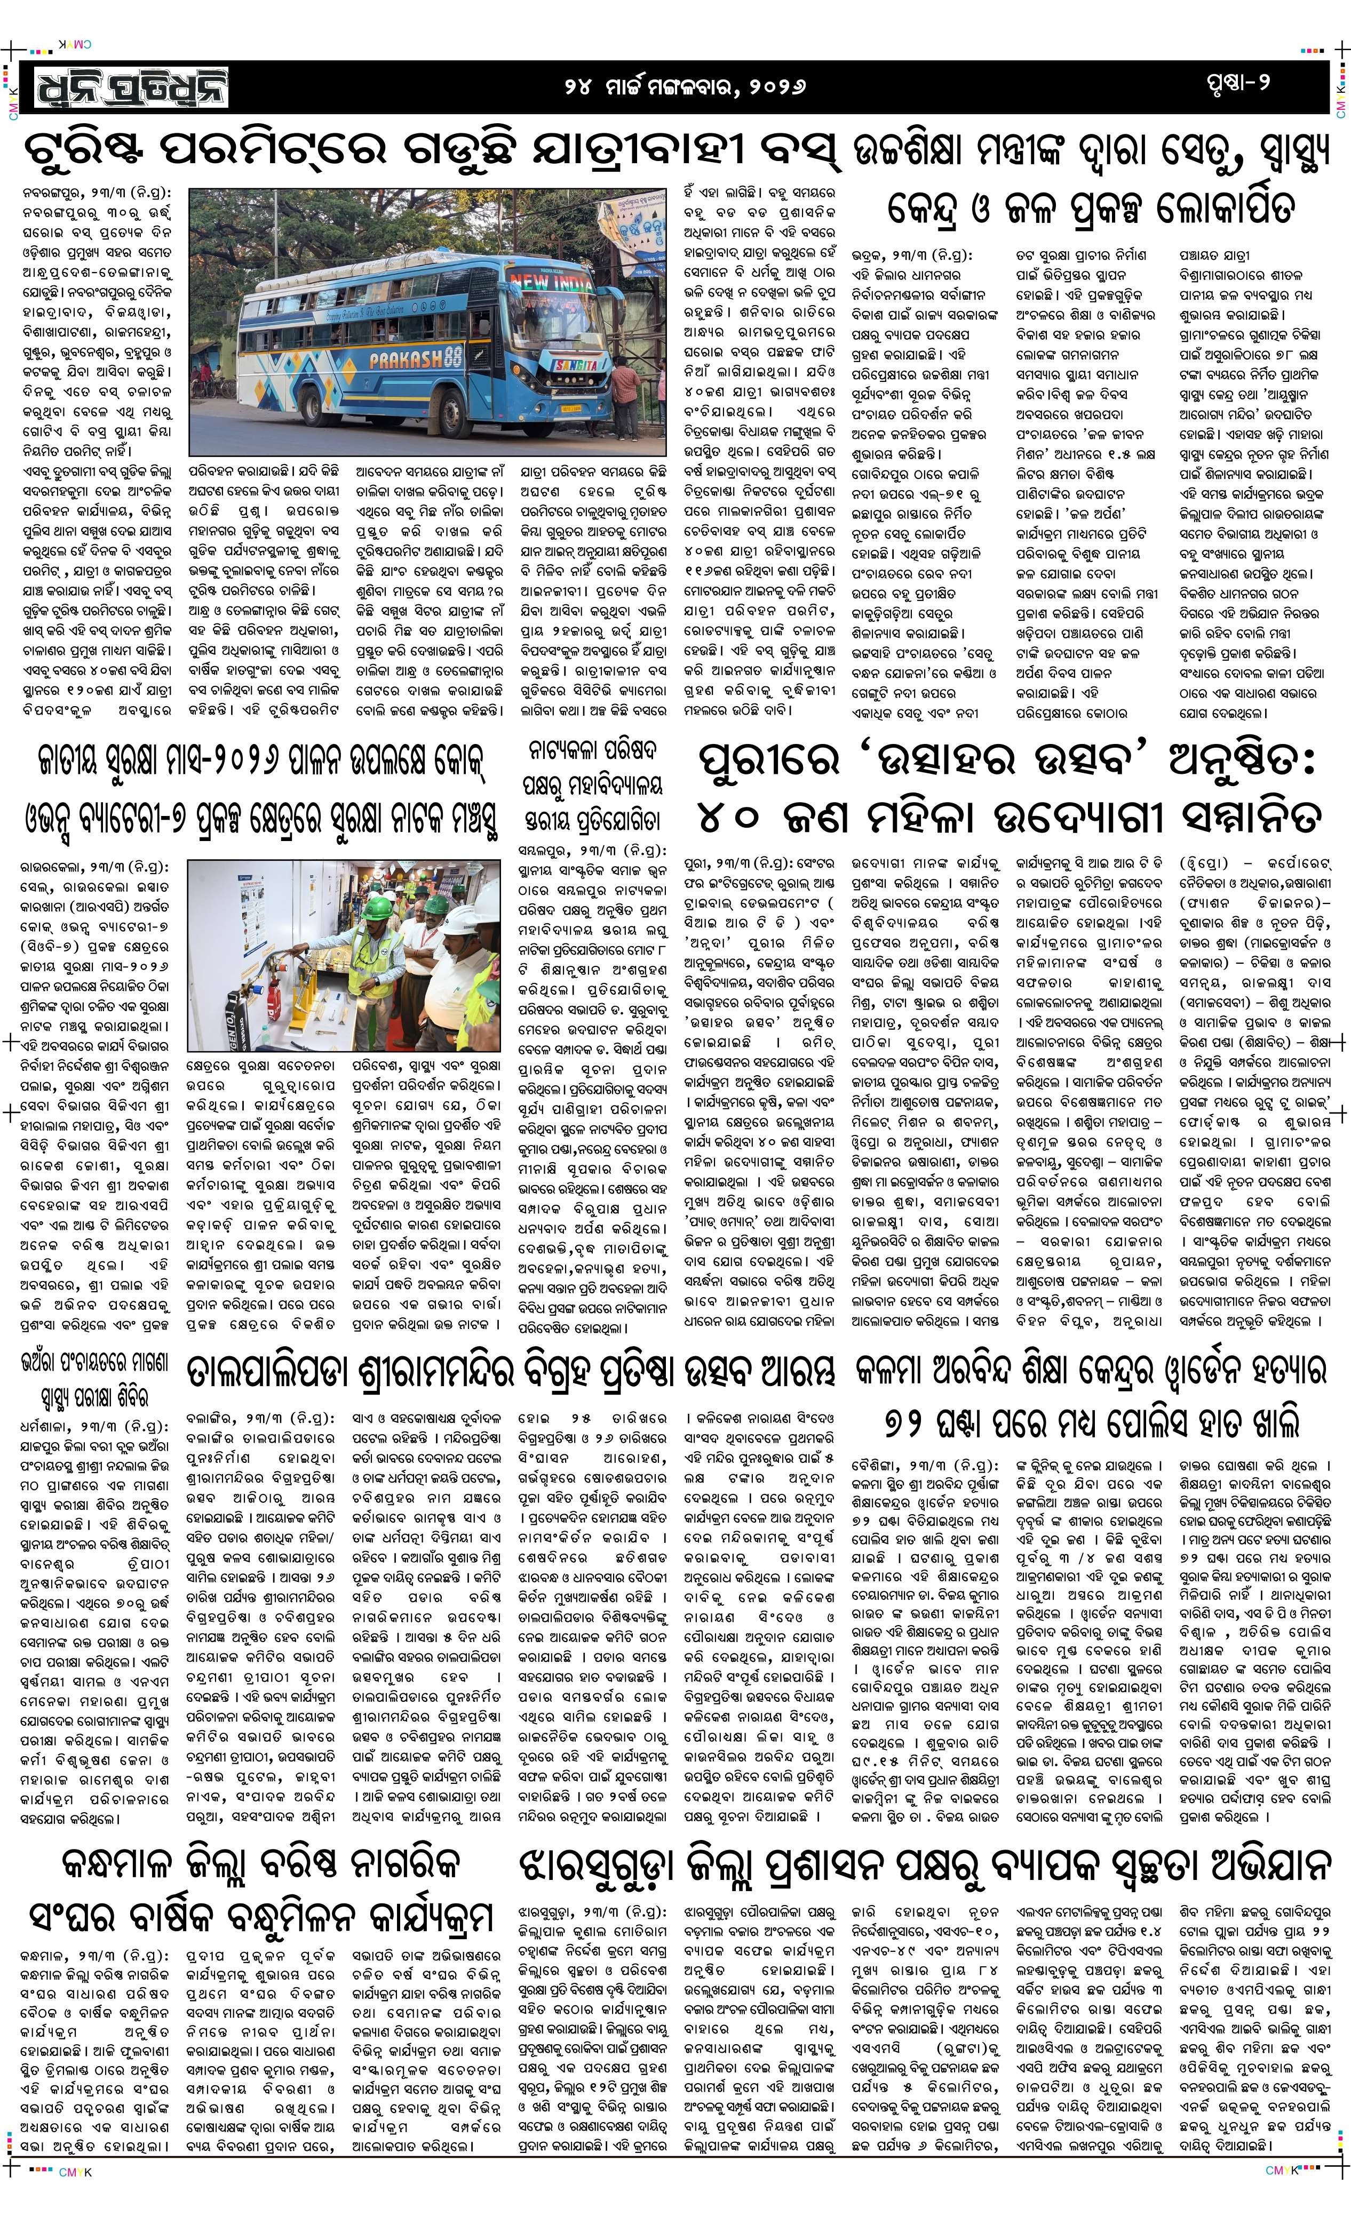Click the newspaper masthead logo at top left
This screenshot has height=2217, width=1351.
point(133,89)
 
